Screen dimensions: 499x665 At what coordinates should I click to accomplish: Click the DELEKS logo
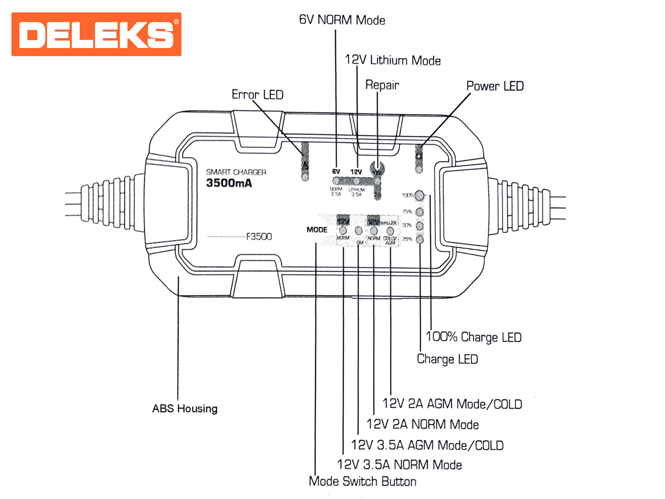(96, 34)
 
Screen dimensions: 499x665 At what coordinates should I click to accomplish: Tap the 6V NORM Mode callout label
(342, 20)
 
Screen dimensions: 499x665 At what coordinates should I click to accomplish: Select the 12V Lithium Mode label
(393, 60)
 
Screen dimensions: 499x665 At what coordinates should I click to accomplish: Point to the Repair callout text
(382, 85)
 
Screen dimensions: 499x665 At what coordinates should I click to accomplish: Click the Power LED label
(495, 86)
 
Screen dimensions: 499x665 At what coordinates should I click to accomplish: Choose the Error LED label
(257, 95)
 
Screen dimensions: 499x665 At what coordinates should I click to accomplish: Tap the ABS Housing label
(185, 408)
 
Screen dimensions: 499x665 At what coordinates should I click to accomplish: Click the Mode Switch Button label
(362, 481)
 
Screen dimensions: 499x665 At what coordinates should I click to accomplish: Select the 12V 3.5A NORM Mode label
(399, 464)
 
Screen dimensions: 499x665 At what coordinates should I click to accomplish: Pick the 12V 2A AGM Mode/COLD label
(452, 404)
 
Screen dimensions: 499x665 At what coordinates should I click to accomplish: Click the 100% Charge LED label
(473, 337)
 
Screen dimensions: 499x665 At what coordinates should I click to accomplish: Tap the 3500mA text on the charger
(229, 183)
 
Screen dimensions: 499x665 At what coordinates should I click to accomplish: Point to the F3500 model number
(259, 237)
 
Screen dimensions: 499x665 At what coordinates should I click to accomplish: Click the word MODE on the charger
(317, 230)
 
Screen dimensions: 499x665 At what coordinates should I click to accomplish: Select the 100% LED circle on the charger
(420, 195)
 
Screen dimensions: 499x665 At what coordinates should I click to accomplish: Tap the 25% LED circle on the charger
(420, 239)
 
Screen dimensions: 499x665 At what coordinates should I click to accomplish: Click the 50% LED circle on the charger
(420, 225)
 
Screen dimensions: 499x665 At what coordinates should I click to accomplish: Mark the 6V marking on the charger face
(336, 172)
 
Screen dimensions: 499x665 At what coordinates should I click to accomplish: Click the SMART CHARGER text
(236, 172)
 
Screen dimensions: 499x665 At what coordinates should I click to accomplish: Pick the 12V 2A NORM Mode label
(423, 424)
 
